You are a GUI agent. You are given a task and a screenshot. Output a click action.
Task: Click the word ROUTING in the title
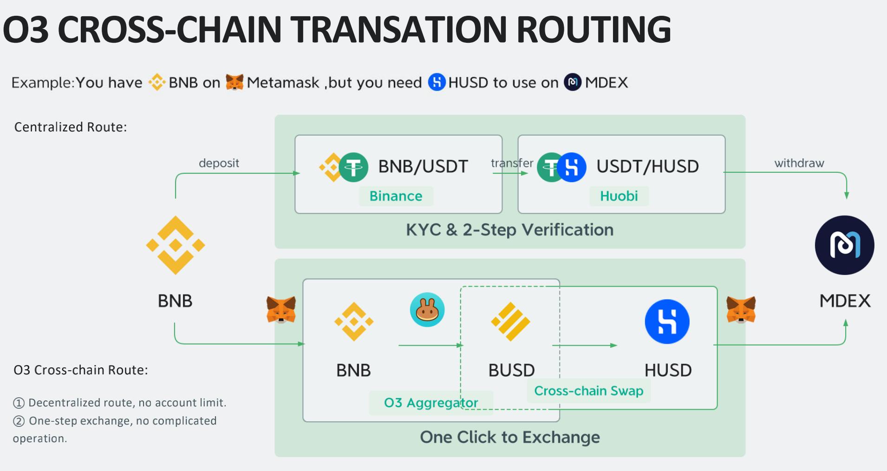[x=594, y=29]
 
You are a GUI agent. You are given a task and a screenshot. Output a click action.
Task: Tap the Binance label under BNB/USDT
[x=396, y=196]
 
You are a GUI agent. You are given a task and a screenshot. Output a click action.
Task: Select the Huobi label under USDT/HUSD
[x=619, y=196]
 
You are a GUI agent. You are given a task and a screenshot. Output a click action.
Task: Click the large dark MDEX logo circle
[x=844, y=245]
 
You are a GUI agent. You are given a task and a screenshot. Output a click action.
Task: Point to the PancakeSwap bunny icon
[x=427, y=309]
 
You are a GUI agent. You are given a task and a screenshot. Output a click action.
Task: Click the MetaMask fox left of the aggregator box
[x=281, y=309]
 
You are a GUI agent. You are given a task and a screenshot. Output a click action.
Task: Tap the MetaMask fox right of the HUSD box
[x=741, y=309]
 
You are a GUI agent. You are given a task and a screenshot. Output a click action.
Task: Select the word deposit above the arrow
[x=219, y=163]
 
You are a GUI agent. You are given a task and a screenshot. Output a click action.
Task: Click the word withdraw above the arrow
[x=799, y=163]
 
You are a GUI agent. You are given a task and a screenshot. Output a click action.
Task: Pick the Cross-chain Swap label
[x=588, y=391]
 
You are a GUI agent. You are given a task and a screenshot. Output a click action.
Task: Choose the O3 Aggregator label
[x=430, y=403]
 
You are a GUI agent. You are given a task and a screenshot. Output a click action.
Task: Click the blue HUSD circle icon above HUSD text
[x=667, y=321]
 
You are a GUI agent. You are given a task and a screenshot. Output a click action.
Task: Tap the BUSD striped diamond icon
[x=510, y=321]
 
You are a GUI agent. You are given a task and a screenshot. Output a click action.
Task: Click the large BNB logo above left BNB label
[x=176, y=245]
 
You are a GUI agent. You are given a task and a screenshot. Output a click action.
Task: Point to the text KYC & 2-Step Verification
[x=509, y=230]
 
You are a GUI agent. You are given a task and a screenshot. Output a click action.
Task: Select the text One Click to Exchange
[x=509, y=437]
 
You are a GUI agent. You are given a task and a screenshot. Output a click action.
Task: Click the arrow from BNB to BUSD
[x=430, y=345]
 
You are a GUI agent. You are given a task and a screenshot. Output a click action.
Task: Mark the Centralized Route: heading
[x=71, y=127]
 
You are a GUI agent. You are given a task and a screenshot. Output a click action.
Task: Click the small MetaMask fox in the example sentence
[x=235, y=82]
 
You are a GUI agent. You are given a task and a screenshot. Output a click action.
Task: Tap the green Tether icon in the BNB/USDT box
[x=353, y=167]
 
